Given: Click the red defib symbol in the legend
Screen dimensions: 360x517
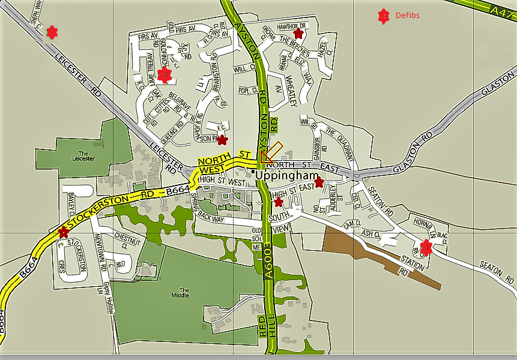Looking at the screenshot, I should (x=382, y=17).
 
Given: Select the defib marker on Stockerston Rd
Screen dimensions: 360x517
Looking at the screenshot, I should (x=64, y=232).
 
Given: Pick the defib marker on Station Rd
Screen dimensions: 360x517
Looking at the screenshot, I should (x=426, y=246).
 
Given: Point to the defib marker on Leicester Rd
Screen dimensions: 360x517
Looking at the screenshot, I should (x=52, y=32).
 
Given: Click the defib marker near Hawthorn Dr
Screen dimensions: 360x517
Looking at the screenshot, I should (x=298, y=34).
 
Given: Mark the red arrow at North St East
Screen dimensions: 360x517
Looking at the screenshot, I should (x=271, y=152).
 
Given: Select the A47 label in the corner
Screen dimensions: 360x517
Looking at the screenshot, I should (x=502, y=11).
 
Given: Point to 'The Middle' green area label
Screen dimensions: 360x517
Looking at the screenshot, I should (x=180, y=292).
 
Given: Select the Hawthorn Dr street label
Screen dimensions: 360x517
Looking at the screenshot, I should (x=292, y=26).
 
